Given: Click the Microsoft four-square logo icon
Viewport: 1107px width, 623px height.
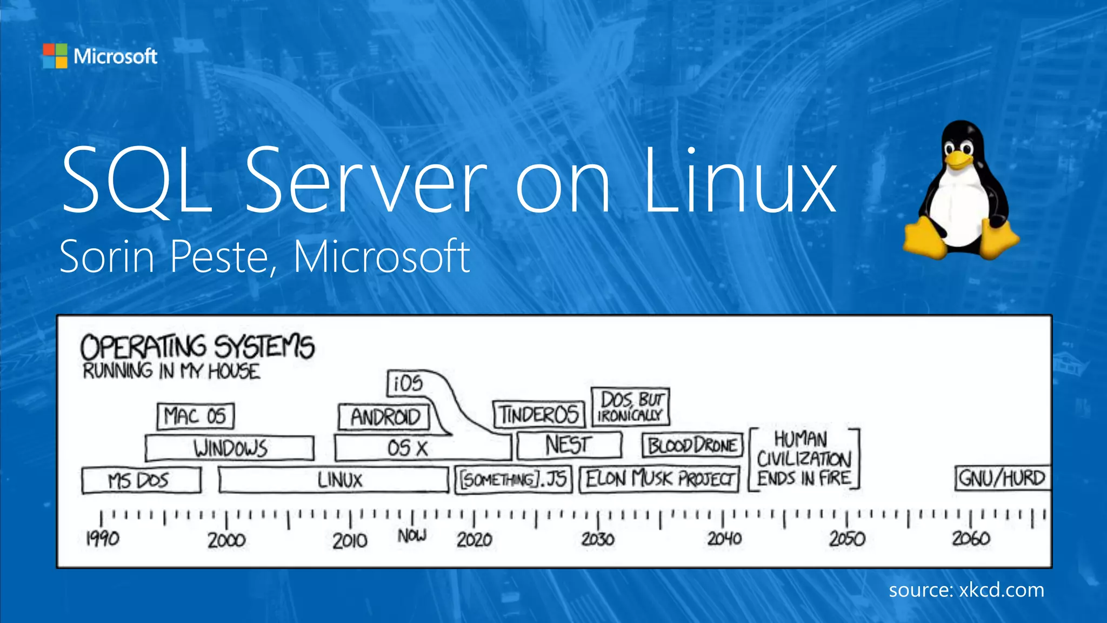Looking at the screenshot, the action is [55, 56].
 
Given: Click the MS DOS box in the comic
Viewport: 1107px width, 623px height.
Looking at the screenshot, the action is [141, 480].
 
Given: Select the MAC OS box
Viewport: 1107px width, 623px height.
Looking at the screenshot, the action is [196, 416].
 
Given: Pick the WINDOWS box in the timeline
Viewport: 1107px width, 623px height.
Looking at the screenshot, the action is [230, 448].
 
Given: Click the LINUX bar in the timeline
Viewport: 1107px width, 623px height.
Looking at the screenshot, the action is [334, 480].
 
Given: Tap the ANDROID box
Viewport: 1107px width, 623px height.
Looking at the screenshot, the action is [384, 417].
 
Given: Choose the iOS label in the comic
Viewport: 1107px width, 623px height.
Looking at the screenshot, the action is [408, 383].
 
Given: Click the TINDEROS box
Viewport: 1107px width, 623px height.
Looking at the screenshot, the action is [539, 415].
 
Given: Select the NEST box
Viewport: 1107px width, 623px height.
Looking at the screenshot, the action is [569, 446].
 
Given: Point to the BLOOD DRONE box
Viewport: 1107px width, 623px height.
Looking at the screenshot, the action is [692, 446].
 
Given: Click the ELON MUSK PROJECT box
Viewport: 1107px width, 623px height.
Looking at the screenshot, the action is [659, 480].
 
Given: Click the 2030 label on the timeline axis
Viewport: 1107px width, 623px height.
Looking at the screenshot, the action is [598, 539].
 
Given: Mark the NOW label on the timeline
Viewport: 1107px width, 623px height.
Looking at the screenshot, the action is [412, 536].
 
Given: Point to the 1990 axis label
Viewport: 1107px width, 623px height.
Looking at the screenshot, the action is [103, 539].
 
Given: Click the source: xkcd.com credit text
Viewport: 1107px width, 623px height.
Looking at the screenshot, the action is [966, 590].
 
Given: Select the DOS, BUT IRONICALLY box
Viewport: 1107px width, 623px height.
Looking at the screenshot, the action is [630, 407].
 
